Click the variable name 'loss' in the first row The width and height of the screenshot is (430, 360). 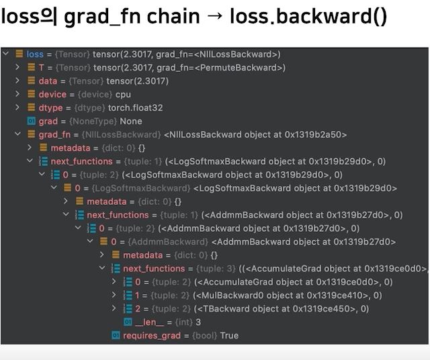tap(35, 54)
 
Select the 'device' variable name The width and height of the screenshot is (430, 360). tap(52, 94)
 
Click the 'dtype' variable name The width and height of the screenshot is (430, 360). tap(50, 107)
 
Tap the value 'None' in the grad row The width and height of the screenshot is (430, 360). tap(130, 121)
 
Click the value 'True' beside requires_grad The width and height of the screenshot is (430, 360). tap(228, 335)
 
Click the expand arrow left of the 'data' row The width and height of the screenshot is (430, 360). tap(17, 81)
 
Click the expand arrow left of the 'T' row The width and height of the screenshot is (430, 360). tap(17, 67)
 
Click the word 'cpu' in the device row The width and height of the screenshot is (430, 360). tap(123, 94)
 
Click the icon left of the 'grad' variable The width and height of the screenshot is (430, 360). tap(30, 121)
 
